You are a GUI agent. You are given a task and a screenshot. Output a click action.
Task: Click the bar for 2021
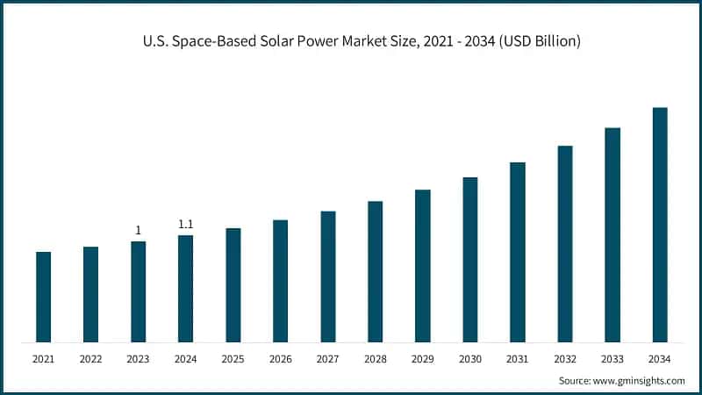click(43, 297)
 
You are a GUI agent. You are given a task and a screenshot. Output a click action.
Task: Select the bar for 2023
click(138, 291)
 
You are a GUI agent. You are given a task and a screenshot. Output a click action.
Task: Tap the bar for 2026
click(280, 281)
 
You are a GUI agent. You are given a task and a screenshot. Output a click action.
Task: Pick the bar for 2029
click(422, 266)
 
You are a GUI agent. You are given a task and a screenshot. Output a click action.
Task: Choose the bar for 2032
click(564, 244)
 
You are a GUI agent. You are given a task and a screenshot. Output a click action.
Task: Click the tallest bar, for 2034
click(660, 225)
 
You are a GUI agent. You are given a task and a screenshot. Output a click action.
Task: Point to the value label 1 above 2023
click(138, 231)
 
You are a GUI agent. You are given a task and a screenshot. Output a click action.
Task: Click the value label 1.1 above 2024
click(185, 225)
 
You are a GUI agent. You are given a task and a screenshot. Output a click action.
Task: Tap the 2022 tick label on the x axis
click(90, 359)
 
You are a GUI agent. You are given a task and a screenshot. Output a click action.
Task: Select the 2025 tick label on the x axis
click(233, 359)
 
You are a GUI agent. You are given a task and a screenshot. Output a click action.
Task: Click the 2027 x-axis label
click(327, 359)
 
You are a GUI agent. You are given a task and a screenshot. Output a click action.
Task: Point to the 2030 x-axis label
click(469, 359)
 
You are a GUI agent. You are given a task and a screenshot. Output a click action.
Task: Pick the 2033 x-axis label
click(612, 359)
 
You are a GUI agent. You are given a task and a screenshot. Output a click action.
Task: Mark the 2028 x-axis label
click(375, 359)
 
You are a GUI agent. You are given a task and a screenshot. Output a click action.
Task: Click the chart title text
click(351, 41)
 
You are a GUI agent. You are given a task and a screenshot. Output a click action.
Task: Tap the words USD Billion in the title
click(539, 41)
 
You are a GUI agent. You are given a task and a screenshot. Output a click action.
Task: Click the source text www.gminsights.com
click(640, 380)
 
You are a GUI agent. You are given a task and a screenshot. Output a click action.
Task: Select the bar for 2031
click(517, 252)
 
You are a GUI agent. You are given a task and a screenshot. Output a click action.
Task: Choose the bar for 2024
click(185, 289)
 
